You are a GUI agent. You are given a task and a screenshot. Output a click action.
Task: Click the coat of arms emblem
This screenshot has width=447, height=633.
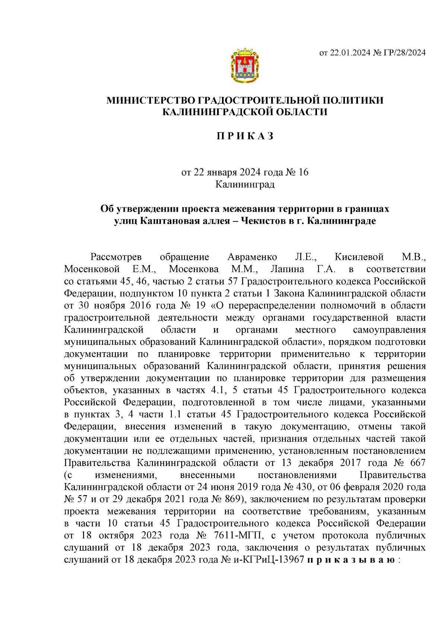tap(245, 65)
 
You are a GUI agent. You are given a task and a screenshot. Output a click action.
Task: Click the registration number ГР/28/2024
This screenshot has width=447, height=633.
tap(406, 53)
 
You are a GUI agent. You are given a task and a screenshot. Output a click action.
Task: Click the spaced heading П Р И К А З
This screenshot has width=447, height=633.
tap(245, 136)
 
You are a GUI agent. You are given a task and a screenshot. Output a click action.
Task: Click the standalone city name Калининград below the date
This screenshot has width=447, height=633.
tap(245, 184)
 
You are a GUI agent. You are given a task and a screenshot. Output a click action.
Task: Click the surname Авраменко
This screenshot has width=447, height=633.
tap(252, 257)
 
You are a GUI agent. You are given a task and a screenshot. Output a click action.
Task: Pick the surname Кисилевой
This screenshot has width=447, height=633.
tap(359, 257)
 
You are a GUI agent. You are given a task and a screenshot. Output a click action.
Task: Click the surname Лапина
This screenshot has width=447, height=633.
tap(287, 269)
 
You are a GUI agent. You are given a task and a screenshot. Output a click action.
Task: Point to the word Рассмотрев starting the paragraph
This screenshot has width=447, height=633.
tap(116, 257)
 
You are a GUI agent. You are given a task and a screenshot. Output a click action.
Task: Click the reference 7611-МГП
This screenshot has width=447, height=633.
tap(238, 536)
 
